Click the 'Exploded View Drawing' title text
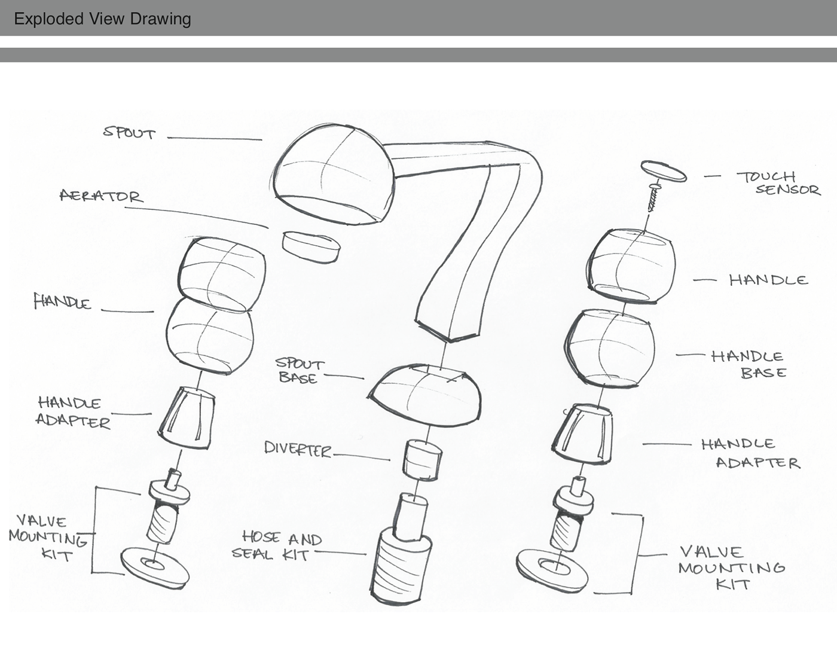[102, 19]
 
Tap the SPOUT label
[129, 133]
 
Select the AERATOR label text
[102, 196]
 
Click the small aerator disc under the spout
[311, 247]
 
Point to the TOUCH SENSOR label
[778, 184]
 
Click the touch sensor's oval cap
[664, 170]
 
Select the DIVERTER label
[298, 449]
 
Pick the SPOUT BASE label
[300, 370]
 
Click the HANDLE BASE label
[748, 364]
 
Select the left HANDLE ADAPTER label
[73, 413]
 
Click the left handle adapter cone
[187, 418]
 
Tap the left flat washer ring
[155, 567]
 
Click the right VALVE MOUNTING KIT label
[731, 569]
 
